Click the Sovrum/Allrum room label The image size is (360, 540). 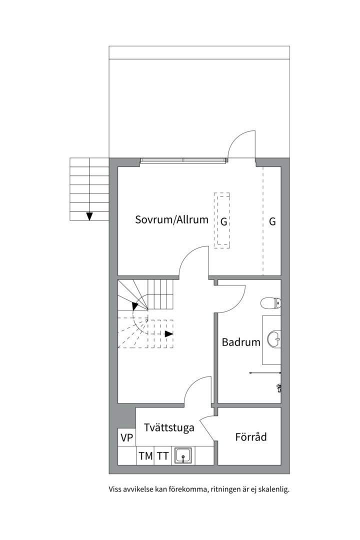(x=171, y=219)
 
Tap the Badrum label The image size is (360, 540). (x=241, y=342)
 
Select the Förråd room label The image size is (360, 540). (x=251, y=436)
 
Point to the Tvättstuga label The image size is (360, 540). (x=169, y=427)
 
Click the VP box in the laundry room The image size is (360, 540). (x=127, y=437)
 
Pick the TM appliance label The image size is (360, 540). (x=145, y=456)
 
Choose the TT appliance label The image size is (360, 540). (x=163, y=456)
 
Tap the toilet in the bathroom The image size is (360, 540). (x=271, y=303)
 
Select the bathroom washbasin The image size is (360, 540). (x=274, y=339)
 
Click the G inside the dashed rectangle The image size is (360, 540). (x=223, y=222)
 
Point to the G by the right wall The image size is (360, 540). (x=272, y=221)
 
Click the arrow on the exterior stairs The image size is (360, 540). (x=89, y=216)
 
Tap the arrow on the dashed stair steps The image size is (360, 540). (x=168, y=333)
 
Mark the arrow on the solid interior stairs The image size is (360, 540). (x=135, y=306)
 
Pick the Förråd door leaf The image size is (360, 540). (x=207, y=428)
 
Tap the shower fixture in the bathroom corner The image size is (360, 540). (x=279, y=387)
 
